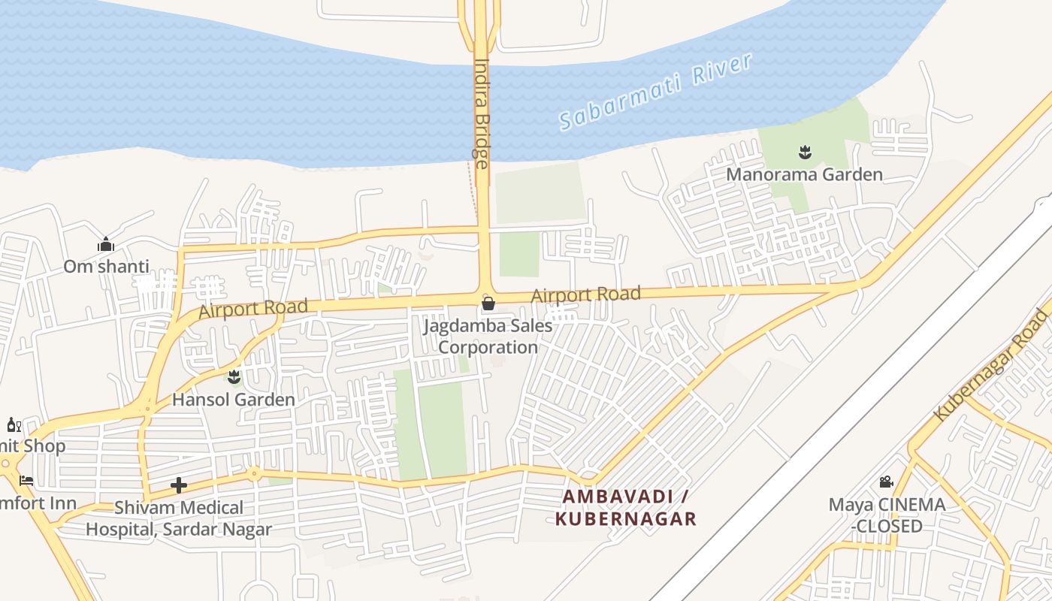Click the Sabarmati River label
[x=655, y=92]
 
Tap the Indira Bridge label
[x=482, y=113]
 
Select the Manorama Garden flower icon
[x=805, y=153]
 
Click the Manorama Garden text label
[x=804, y=175]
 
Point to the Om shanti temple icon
[x=105, y=245]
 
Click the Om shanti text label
[x=106, y=267]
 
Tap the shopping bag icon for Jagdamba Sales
[x=488, y=304]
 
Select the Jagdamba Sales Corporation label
[x=488, y=337]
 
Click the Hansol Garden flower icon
[x=234, y=376]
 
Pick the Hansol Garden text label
[x=234, y=399]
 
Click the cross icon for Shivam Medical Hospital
[x=179, y=485]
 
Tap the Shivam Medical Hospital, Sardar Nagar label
[x=178, y=518]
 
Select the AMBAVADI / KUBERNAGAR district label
[x=626, y=508]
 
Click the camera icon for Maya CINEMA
[x=886, y=482]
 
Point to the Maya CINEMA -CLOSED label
[x=887, y=515]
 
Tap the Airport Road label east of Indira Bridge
[x=585, y=294]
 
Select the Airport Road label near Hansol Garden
[x=253, y=309]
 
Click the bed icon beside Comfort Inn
[x=26, y=481]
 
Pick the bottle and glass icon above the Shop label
[x=14, y=425]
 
